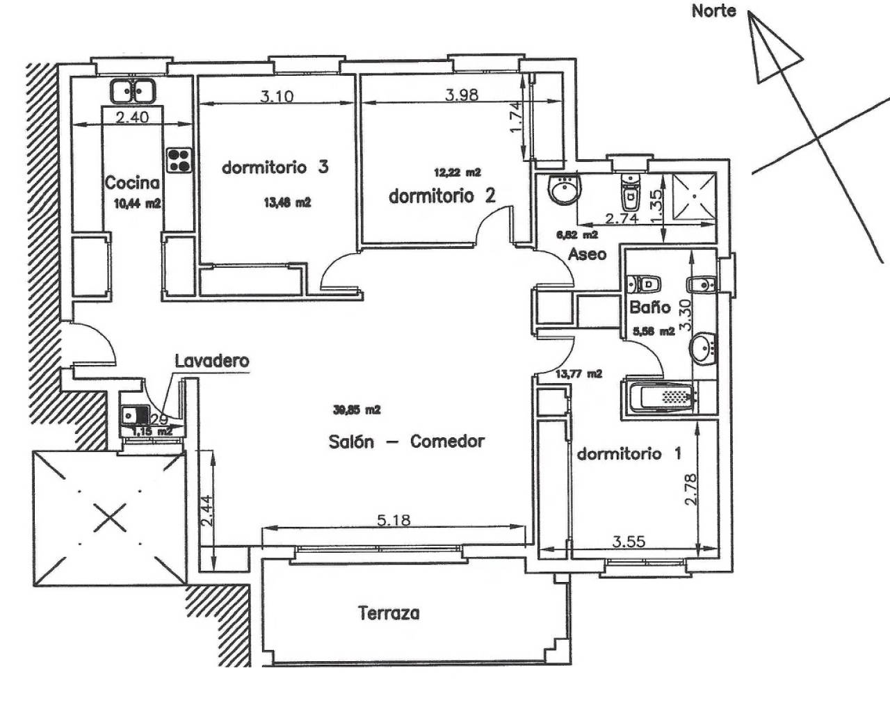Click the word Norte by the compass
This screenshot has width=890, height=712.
click(x=713, y=11)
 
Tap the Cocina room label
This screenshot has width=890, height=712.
click(x=132, y=183)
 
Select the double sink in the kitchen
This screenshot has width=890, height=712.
click(x=132, y=90)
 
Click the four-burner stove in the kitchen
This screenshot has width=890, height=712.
click(x=178, y=161)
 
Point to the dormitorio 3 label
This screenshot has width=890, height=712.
click(x=275, y=168)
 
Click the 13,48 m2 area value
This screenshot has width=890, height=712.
click(x=286, y=203)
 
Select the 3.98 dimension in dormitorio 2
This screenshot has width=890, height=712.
click(x=461, y=95)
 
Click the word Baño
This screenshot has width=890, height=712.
click(x=650, y=307)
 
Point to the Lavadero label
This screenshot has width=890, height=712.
click(x=211, y=361)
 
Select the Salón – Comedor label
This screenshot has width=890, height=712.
click(x=406, y=441)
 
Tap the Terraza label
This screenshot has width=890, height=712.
click(x=389, y=613)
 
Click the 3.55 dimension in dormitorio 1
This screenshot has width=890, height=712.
click(x=629, y=542)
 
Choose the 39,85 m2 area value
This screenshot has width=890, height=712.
click(x=357, y=410)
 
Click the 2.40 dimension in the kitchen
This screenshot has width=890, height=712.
click(x=132, y=118)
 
